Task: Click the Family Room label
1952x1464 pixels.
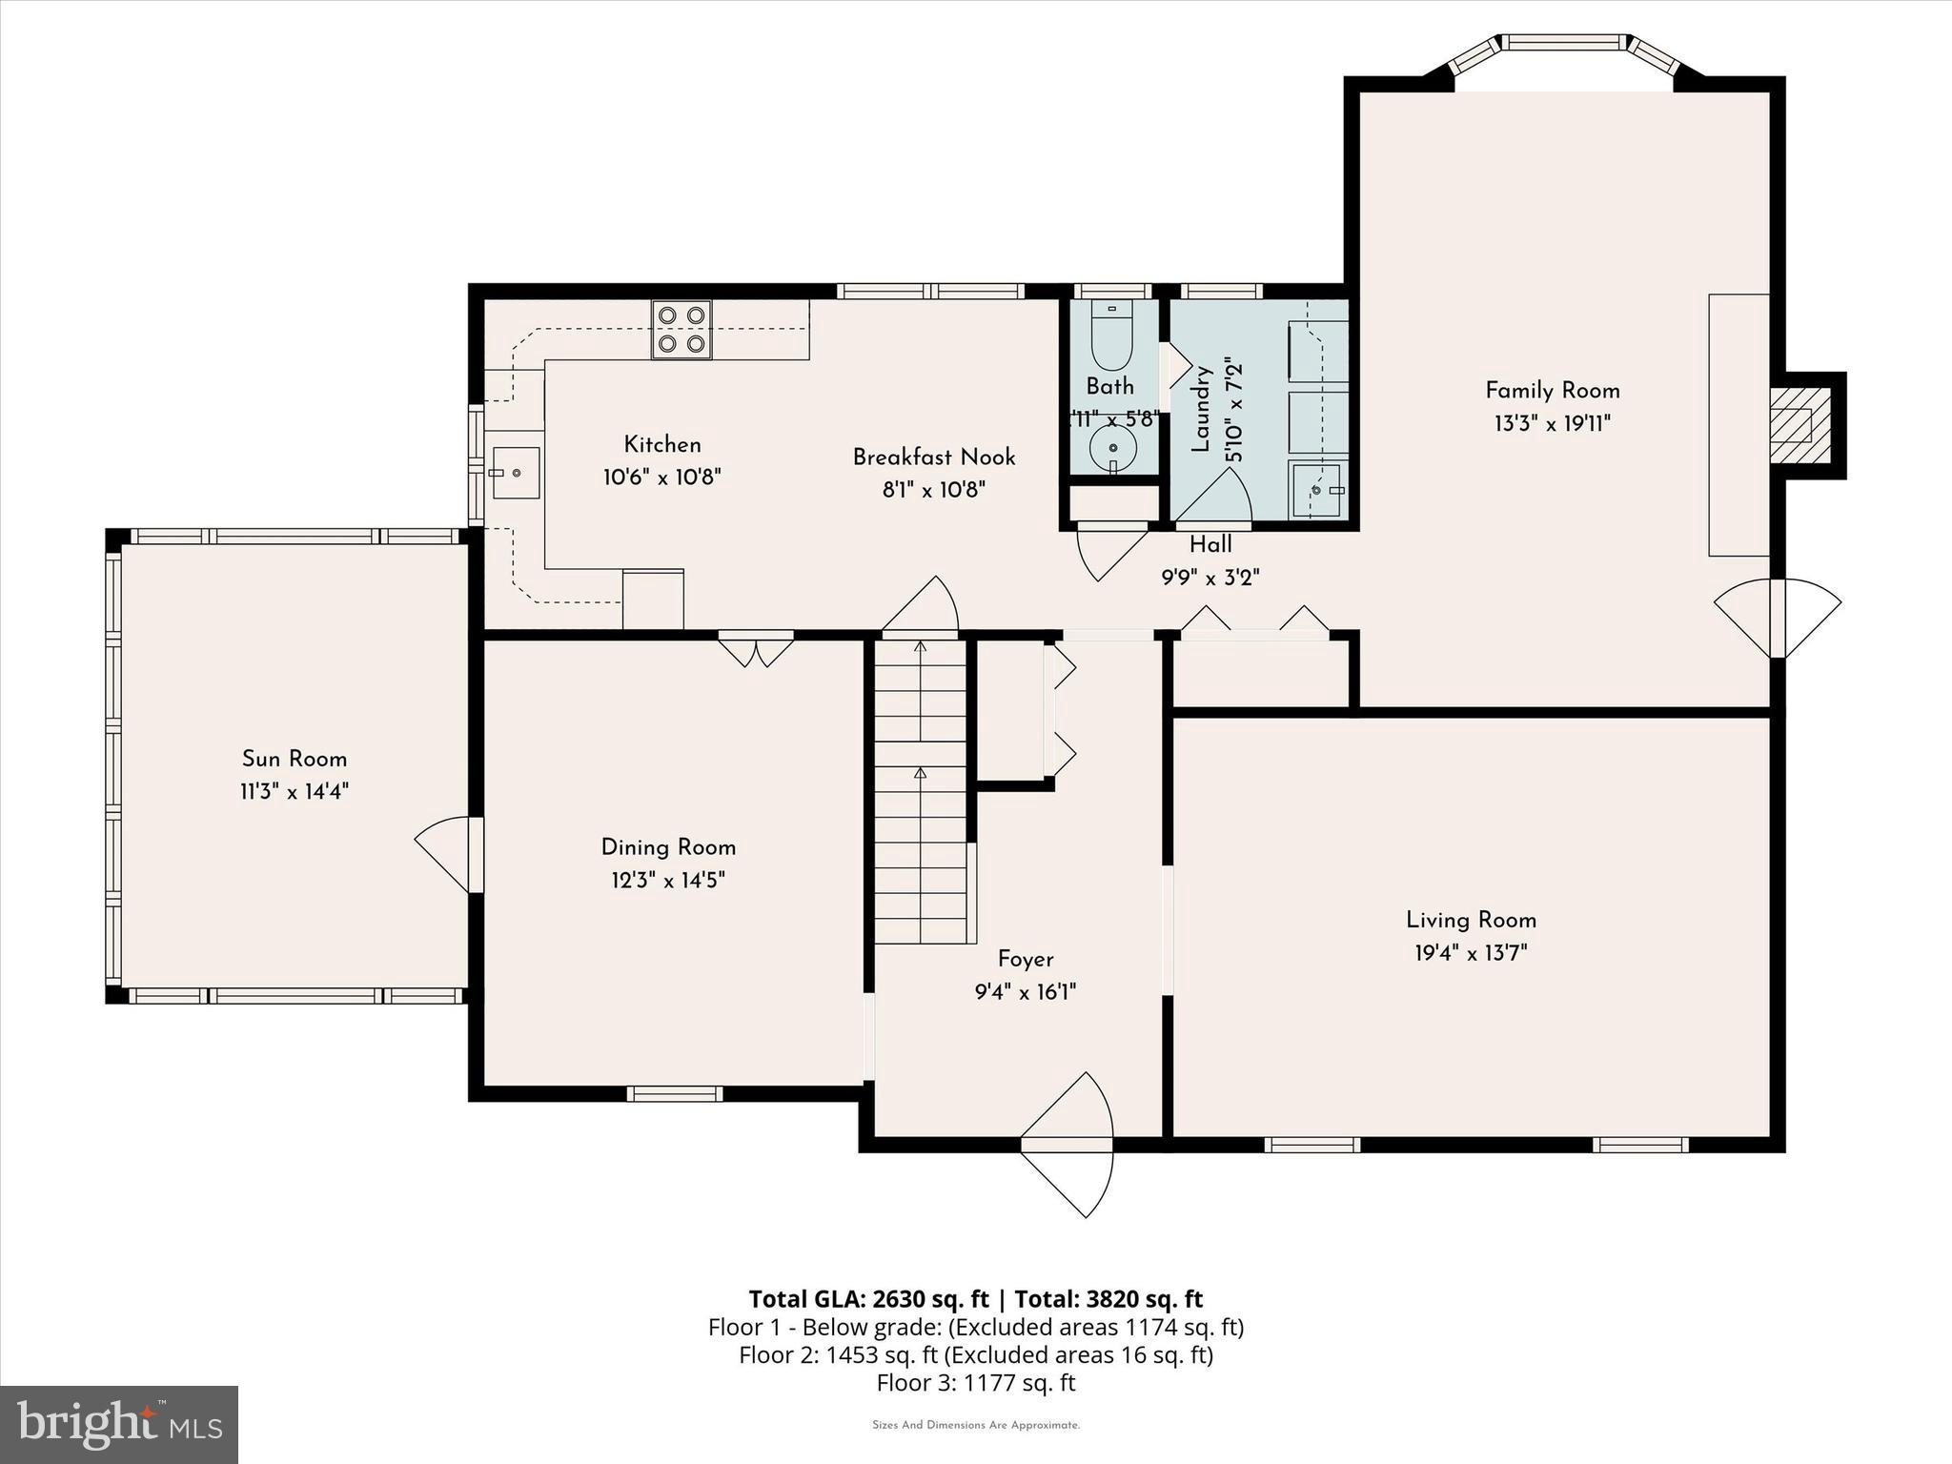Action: (1552, 390)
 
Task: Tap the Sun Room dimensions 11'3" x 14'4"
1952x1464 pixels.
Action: (294, 791)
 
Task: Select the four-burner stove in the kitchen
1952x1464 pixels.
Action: (681, 329)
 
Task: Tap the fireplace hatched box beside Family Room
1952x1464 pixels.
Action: (1800, 425)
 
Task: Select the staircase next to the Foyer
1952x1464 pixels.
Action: (921, 791)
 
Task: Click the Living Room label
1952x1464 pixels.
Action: (1471, 920)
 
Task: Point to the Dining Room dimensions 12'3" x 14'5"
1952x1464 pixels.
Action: (667, 880)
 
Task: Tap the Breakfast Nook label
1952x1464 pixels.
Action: (933, 457)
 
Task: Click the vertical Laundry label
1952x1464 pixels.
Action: (1200, 410)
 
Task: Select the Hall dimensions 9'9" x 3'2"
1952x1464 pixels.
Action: (1210, 578)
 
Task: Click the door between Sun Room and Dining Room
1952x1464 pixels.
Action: (474, 854)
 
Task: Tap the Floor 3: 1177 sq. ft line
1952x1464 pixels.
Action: (975, 1382)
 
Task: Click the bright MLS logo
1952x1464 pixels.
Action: (119, 1424)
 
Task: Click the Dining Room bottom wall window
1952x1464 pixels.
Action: (675, 1093)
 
